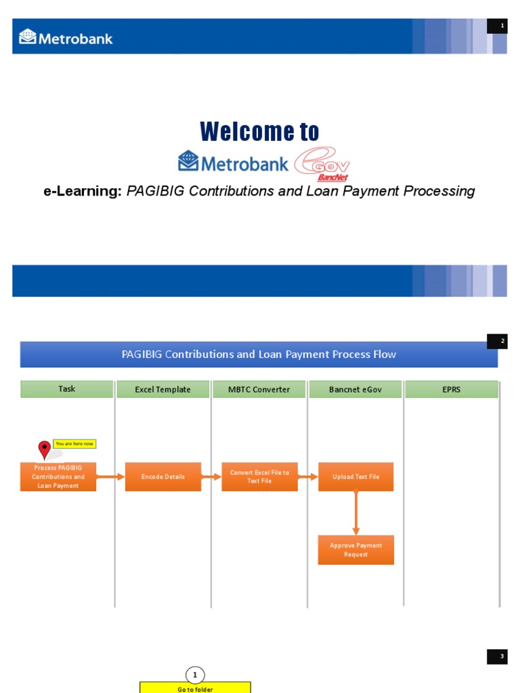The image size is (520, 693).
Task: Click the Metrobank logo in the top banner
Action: pos(66,37)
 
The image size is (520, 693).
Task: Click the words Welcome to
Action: pos(259,131)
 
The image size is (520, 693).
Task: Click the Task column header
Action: pos(66,389)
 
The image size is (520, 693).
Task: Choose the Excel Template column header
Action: pos(162,389)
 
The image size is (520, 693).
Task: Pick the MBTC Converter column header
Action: pos(260,389)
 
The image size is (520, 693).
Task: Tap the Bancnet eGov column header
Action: pos(356,389)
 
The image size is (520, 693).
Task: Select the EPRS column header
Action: pos(452,389)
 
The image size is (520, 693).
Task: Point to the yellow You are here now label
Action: pos(74,444)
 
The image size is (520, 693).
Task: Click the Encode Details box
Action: pos(163,477)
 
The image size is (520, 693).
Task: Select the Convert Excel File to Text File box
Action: pos(259,477)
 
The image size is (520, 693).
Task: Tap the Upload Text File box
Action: pos(356,477)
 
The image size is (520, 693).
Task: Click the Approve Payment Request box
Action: pos(356,550)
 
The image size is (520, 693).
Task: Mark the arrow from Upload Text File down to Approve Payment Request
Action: pos(356,513)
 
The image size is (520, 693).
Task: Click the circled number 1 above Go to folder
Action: pos(195,675)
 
